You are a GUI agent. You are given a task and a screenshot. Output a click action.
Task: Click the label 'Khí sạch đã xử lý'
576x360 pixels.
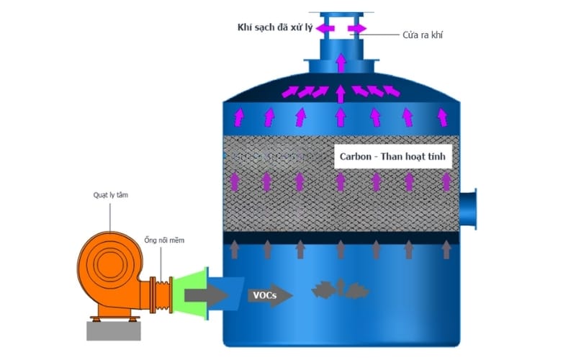(277, 27)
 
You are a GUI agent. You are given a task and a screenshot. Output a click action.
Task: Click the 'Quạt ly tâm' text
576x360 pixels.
(109, 194)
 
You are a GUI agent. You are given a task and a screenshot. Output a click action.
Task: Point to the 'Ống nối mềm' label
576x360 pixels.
(164, 240)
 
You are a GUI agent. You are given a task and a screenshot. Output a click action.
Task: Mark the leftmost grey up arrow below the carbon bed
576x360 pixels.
(235, 250)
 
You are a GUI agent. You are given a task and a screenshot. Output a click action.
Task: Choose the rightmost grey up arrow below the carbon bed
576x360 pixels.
(446, 250)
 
